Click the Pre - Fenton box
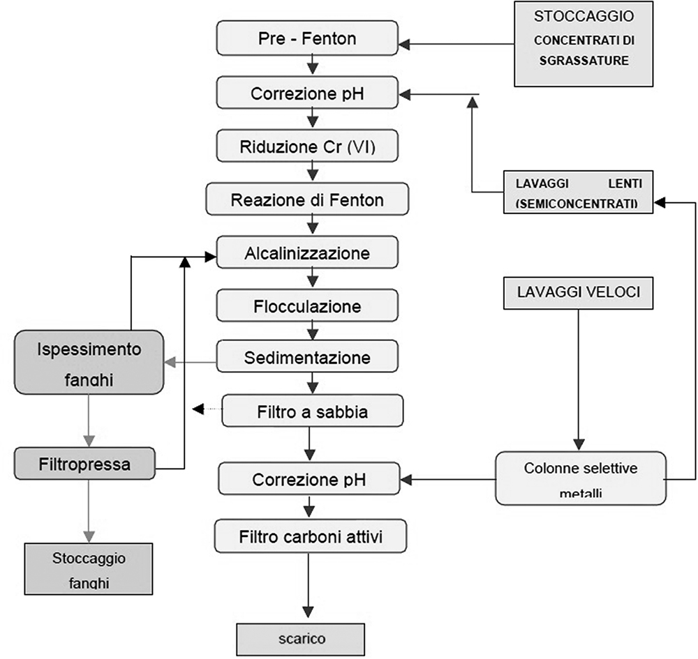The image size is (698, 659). (x=307, y=38)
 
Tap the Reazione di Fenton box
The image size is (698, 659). (x=307, y=200)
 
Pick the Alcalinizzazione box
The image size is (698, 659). (x=307, y=253)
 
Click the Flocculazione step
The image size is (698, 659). (x=307, y=306)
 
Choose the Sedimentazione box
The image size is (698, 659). (x=307, y=358)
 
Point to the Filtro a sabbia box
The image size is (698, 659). (x=312, y=411)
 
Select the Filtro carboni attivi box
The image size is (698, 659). (x=311, y=537)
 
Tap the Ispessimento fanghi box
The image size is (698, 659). (x=89, y=362)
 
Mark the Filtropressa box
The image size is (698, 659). (x=84, y=463)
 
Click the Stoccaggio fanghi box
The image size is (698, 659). (x=89, y=568)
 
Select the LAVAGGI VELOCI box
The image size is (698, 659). (x=579, y=293)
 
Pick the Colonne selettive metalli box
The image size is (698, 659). (x=580, y=478)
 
